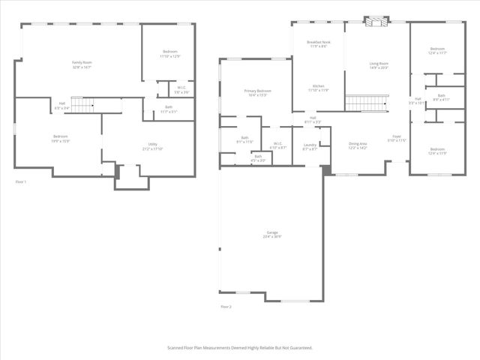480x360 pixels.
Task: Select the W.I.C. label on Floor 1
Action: pyautogui.click(x=181, y=88)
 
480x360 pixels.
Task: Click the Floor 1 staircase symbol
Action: pyautogui.click(x=81, y=103)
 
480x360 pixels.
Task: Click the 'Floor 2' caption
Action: pyautogui.click(x=226, y=307)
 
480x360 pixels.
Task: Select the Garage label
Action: pyautogui.click(x=271, y=232)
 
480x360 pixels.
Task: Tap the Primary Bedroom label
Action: pyautogui.click(x=256, y=91)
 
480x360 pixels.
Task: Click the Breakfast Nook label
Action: pyautogui.click(x=318, y=42)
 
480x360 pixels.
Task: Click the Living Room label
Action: pyautogui.click(x=379, y=64)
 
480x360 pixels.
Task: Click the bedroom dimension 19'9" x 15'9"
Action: pyautogui.click(x=60, y=140)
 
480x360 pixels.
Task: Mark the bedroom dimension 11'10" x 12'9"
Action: pyautogui.click(x=169, y=55)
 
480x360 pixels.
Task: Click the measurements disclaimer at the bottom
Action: pyautogui.click(x=239, y=347)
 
